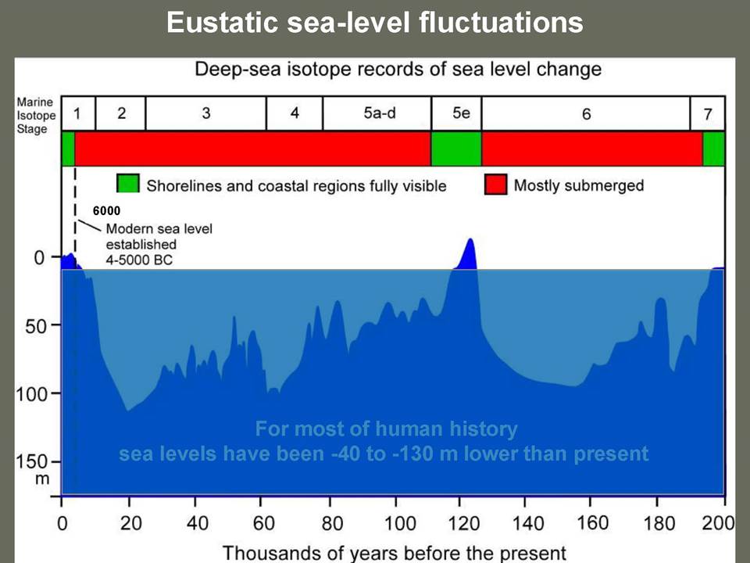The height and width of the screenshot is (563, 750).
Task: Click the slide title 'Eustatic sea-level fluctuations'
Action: (x=374, y=22)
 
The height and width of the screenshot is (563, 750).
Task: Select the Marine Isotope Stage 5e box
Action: (x=456, y=113)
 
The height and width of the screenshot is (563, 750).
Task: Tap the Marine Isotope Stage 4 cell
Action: (x=295, y=113)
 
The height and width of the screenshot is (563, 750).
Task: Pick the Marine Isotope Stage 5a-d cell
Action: (x=377, y=113)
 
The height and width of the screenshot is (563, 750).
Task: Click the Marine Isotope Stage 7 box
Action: (x=708, y=113)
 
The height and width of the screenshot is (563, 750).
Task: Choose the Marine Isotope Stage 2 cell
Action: (x=120, y=113)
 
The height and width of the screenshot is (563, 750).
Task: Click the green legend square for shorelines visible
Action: (x=128, y=183)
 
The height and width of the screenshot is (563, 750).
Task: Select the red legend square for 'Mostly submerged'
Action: (x=495, y=185)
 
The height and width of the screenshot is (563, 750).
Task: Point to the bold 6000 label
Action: (x=107, y=210)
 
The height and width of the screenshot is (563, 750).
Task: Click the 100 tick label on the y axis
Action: (x=30, y=394)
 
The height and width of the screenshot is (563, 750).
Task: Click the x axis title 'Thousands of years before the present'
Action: (x=395, y=553)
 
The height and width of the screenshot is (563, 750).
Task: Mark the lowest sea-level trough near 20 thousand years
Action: (x=127, y=411)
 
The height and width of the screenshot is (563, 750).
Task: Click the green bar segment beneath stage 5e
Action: (x=456, y=149)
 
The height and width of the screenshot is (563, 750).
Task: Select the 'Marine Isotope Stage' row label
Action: (x=36, y=116)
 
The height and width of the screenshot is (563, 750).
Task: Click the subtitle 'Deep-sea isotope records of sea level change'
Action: (x=398, y=70)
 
